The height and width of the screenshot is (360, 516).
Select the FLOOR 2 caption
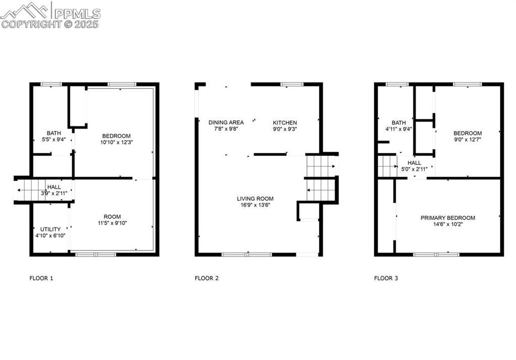tap(207, 278)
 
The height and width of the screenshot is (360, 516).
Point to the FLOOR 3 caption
tap(386, 278)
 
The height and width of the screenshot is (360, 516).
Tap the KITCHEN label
tap(285, 123)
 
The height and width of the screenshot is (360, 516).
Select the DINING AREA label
tap(226, 123)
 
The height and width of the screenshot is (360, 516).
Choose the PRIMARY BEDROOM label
tap(448, 218)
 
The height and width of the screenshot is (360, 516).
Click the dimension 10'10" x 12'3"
tap(116, 142)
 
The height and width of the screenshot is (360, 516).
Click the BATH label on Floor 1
tap(54, 133)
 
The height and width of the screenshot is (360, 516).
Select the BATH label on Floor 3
tap(399, 123)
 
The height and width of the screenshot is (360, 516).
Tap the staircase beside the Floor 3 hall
tap(387, 166)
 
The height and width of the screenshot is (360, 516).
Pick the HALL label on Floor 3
tap(414, 163)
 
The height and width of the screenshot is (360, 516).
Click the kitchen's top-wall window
tap(288, 84)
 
